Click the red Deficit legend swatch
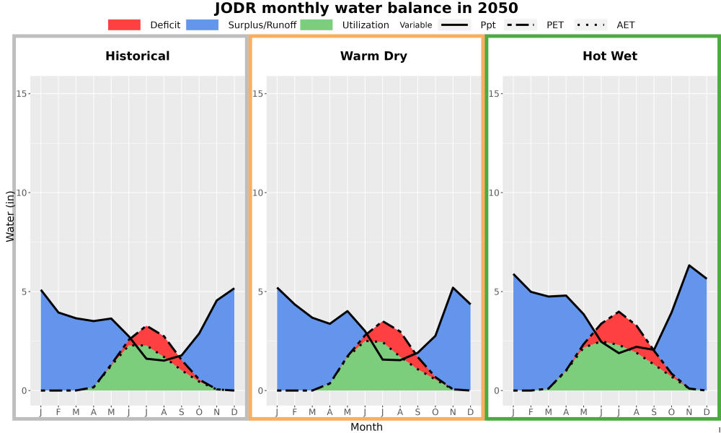124,25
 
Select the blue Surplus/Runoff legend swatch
203,25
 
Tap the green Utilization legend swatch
317,25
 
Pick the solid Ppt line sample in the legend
454,25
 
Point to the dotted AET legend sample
590,25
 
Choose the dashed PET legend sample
521,25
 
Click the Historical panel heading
138,56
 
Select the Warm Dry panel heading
373,56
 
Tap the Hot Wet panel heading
610,56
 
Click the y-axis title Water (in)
11,216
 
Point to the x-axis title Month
366,427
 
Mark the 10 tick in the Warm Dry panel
259,193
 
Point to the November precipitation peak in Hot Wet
689,265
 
